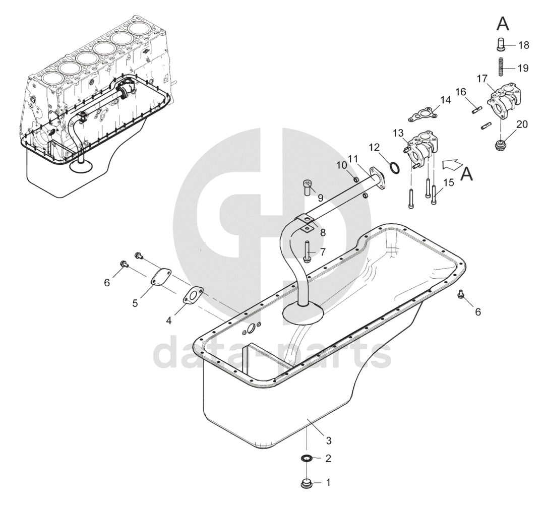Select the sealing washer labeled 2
coord(306,459)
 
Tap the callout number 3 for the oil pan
coord(328,440)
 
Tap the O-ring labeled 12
coord(395,167)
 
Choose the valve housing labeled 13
coord(420,147)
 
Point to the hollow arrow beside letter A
coord(453,164)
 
